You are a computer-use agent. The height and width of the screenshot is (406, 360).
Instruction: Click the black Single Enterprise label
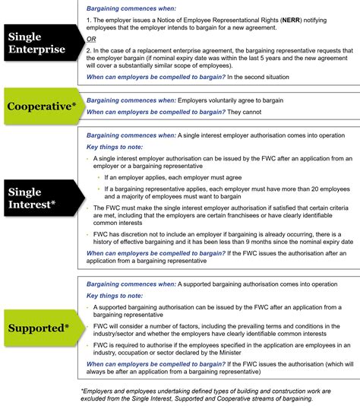38,44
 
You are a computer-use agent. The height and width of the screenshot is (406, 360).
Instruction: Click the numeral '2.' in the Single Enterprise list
90,51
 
